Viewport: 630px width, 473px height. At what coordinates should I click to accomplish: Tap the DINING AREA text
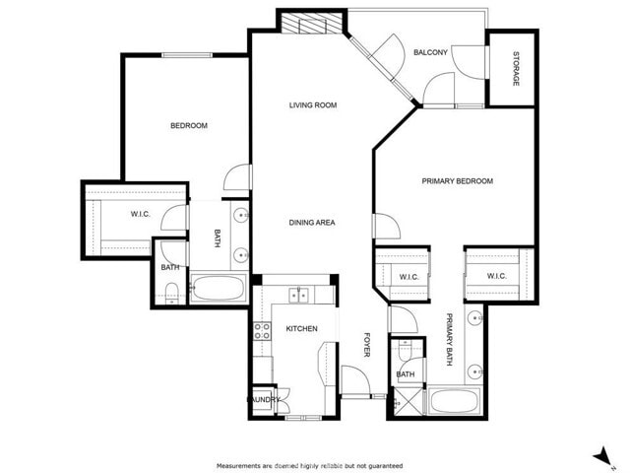click(x=311, y=223)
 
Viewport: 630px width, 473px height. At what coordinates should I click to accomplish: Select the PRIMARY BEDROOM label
click(x=457, y=181)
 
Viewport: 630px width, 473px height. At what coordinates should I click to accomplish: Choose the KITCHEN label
click(x=301, y=328)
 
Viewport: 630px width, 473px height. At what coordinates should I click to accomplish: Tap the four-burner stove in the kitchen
click(x=263, y=330)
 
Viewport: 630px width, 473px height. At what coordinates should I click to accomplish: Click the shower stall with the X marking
click(x=404, y=401)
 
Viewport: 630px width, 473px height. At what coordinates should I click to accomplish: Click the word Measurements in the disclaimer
click(x=239, y=465)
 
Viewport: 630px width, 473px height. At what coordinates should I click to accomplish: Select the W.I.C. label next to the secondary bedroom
click(x=140, y=214)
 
